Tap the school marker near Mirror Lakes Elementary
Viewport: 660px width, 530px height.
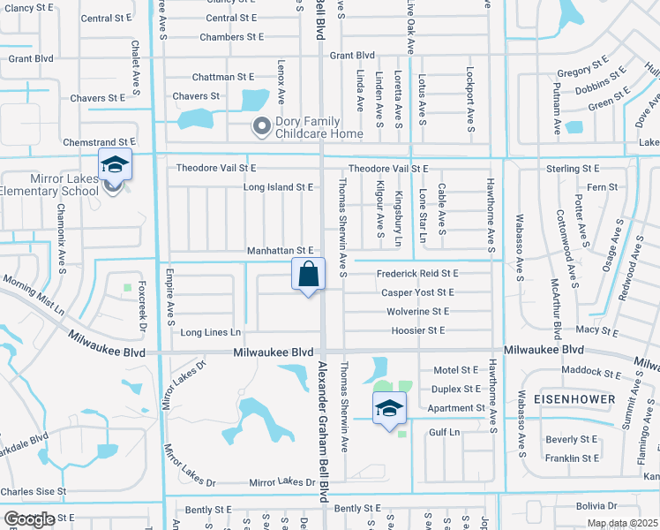(x=115, y=165)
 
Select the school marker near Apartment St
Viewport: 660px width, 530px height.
(x=389, y=408)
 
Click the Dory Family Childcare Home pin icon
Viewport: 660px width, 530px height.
(x=260, y=127)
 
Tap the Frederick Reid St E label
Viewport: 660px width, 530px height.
(x=417, y=274)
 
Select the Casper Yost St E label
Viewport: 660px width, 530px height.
(x=417, y=292)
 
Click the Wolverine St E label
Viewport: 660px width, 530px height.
(x=417, y=312)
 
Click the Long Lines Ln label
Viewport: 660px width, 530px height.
(x=210, y=332)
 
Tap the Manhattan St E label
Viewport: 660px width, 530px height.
(x=280, y=252)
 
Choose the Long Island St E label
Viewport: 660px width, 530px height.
(x=279, y=187)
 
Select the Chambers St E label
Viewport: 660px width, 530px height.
(x=232, y=37)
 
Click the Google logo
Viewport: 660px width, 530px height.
(x=29, y=519)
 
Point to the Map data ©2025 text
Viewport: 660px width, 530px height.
(x=622, y=523)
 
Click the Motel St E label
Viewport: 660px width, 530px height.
(x=455, y=370)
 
